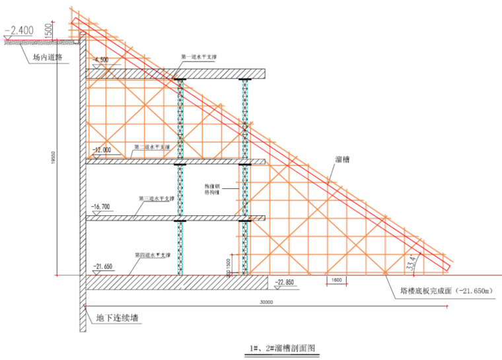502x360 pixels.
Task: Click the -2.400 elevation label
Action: [19, 30]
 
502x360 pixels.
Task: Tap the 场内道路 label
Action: [47, 57]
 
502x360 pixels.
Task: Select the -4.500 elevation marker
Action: [102, 60]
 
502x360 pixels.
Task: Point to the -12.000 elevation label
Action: [102, 150]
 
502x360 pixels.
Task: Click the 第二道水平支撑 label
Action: [153, 147]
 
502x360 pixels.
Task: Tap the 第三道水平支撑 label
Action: [157, 198]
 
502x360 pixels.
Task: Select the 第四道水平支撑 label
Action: [153, 255]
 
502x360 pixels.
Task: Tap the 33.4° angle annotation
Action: [414, 263]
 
